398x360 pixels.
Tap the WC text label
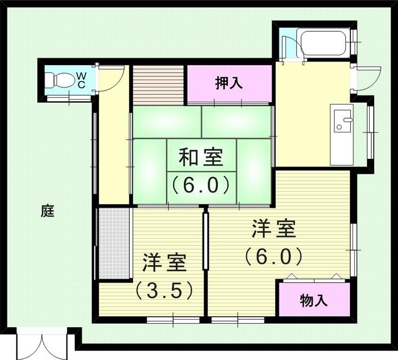coord(81,80)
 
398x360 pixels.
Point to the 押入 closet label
coord(229,83)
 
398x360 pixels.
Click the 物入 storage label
coord(313,300)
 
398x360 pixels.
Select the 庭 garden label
coord(47,211)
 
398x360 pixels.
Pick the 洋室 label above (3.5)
coord(165,262)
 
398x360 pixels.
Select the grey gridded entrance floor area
coord(114,243)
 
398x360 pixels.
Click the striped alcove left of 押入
coord(159,85)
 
